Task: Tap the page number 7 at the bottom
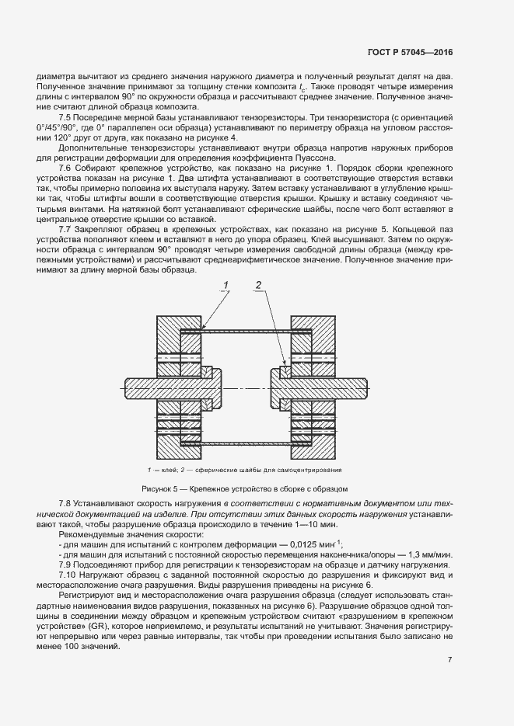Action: pyautogui.click(x=450, y=660)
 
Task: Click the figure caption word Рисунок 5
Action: pyautogui.click(x=159, y=488)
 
